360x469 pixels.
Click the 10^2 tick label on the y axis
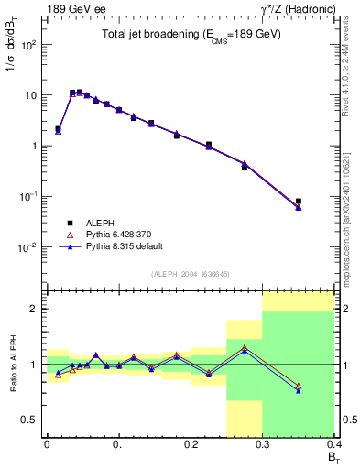[x=31, y=45]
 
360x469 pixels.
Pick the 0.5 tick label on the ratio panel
[x=33, y=420]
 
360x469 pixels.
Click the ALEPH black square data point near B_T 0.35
[x=299, y=202]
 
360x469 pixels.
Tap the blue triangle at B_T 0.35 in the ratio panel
[x=299, y=391]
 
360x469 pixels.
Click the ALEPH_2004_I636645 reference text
[x=191, y=274]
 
